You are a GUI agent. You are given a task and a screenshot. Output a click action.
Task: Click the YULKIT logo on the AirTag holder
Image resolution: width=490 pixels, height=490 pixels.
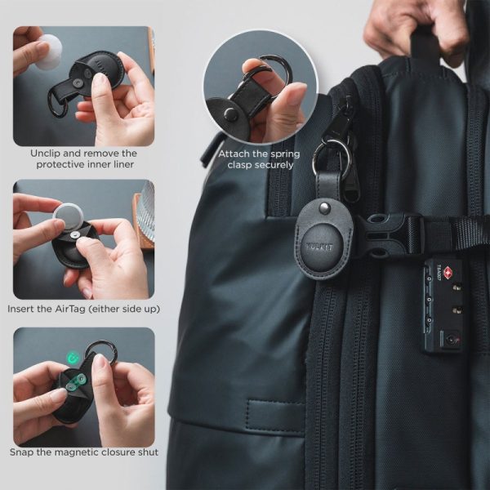319,247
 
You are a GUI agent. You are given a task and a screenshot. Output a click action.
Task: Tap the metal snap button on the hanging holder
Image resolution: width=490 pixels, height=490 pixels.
325,207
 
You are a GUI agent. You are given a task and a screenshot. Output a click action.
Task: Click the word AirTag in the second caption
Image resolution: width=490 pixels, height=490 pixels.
70,309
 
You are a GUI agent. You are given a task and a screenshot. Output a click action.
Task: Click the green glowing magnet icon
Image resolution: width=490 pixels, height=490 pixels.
73,357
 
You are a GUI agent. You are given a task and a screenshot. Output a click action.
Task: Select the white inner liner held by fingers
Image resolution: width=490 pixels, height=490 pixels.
48,52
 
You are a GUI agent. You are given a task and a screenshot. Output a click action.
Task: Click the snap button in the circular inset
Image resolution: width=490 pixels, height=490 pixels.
231,113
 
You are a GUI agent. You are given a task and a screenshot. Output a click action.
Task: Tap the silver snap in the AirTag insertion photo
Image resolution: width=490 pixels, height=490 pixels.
74,235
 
